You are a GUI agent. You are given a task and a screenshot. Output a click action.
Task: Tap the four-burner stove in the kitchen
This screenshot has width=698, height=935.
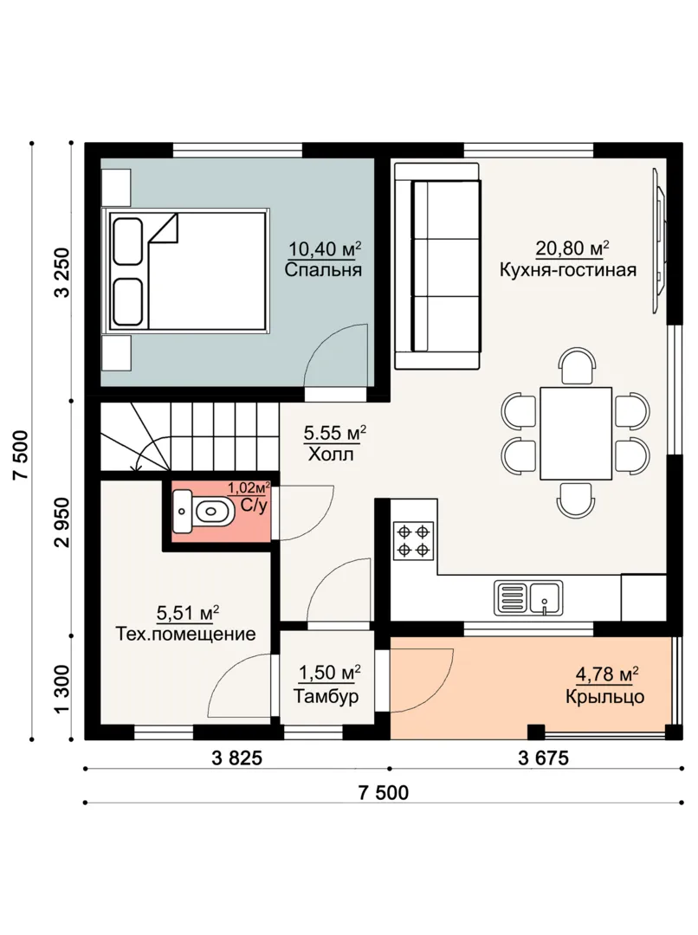[x=413, y=541]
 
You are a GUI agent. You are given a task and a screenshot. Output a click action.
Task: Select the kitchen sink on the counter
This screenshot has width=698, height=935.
[x=528, y=598]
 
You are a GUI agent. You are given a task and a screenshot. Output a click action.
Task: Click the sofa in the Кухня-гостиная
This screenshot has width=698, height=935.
[x=437, y=266]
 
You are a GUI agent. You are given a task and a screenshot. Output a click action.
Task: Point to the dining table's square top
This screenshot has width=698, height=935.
[x=576, y=434]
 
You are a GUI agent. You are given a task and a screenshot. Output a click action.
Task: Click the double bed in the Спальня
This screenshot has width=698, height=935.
[x=186, y=270]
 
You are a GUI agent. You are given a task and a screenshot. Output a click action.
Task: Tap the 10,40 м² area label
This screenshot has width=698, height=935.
[x=325, y=248]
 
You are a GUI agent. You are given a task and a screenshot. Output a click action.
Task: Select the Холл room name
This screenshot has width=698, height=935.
[x=331, y=455]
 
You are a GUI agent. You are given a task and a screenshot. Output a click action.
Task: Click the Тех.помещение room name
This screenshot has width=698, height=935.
[x=185, y=633]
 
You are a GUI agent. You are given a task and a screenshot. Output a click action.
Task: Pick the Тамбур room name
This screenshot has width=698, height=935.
[x=326, y=696]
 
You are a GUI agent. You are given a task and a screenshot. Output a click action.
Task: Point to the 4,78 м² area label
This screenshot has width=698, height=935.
[x=607, y=674]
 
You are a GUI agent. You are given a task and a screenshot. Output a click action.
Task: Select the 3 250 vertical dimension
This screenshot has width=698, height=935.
[x=63, y=272]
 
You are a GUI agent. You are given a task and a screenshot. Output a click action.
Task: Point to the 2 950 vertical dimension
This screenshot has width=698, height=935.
[x=63, y=522]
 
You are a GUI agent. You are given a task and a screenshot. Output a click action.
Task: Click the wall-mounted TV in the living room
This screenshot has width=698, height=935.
[x=659, y=240]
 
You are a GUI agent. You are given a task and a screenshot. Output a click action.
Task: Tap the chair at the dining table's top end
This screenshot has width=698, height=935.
[x=576, y=366]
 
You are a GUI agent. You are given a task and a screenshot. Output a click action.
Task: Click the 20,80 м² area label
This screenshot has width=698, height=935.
[x=572, y=248]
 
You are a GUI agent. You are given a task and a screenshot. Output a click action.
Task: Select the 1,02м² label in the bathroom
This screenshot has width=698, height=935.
[x=249, y=488]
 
